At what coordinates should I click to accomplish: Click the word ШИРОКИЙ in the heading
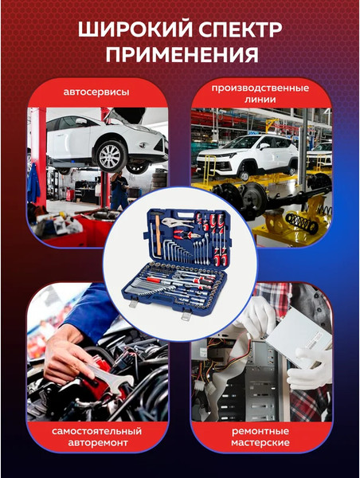pyautogui.click(x=135, y=29)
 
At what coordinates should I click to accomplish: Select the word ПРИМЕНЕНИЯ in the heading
pyautogui.click(x=182, y=54)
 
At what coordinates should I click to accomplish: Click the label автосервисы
pyautogui.click(x=96, y=92)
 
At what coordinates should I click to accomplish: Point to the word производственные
pyautogui.click(x=260, y=88)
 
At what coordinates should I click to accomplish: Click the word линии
pyautogui.click(x=260, y=100)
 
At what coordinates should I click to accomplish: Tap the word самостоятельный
pyautogui.click(x=96, y=431)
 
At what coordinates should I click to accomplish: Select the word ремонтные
pyautogui.click(x=260, y=431)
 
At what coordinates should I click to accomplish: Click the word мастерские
pyautogui.click(x=260, y=443)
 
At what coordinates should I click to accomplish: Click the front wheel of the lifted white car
pyautogui.click(x=111, y=156)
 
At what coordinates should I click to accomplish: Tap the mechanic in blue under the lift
pyautogui.click(x=119, y=190)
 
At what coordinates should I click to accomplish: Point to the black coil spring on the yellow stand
pyautogui.click(x=302, y=222)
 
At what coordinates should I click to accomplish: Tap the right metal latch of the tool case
pyautogui.click(x=186, y=314)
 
